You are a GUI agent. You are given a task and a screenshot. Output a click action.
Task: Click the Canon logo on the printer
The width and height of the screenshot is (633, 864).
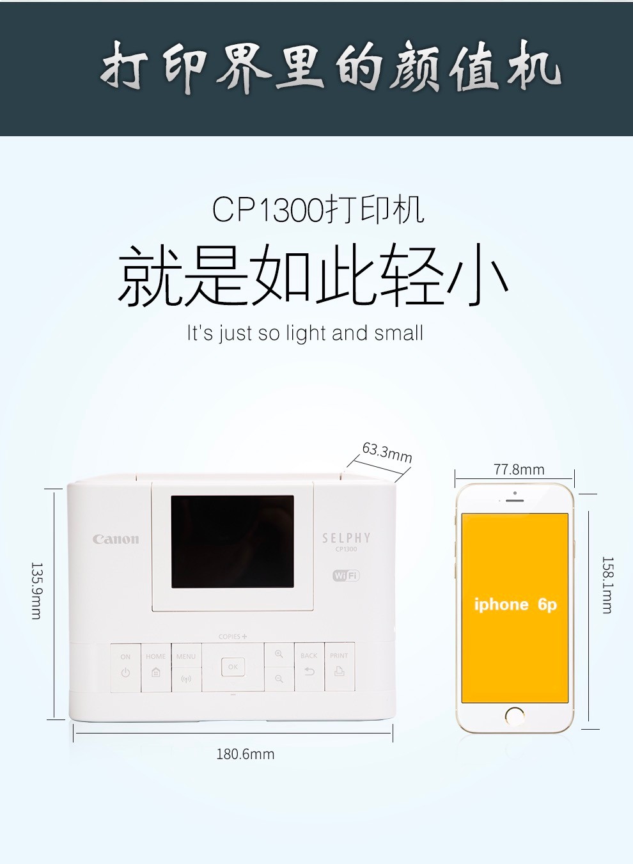pos(116,539)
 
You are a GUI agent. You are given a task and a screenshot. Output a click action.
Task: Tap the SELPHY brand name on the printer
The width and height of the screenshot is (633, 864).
pos(346,538)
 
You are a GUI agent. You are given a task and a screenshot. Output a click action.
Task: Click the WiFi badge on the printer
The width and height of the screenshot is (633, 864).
pos(346,576)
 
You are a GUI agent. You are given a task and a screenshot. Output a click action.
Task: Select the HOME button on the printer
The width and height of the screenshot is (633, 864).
pos(155,667)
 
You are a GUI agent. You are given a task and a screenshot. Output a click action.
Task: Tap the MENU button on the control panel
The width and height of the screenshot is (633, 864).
pos(186,667)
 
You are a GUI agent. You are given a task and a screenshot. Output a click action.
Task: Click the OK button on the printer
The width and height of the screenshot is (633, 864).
pos(233,667)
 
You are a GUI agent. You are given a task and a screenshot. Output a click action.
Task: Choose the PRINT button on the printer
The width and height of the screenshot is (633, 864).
pos(339,667)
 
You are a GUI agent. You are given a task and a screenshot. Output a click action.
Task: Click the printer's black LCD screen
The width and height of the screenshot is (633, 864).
pos(232,541)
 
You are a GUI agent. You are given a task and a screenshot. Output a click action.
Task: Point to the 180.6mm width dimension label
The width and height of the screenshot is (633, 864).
pos(245,754)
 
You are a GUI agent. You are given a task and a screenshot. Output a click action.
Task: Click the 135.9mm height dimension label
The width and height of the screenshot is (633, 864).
pos(36,590)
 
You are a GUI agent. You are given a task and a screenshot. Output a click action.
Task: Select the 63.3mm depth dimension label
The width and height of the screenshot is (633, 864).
pos(387,452)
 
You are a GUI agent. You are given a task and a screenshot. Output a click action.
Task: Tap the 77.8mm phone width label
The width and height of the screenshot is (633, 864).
pos(519,469)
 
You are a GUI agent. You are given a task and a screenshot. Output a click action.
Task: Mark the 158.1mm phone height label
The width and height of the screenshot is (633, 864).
pos(607,585)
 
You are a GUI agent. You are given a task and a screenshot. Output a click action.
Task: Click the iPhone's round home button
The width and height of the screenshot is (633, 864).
pos(515,716)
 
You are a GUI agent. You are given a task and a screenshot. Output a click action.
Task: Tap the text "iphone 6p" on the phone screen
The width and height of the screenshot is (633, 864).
pos(515,604)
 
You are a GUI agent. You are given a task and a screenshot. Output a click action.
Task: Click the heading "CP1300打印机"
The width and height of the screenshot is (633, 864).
pos(318,210)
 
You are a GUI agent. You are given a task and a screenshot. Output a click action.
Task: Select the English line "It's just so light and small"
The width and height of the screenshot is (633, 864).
pos(305,333)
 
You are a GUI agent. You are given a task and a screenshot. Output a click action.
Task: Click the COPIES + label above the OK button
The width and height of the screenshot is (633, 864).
pos(232,636)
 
